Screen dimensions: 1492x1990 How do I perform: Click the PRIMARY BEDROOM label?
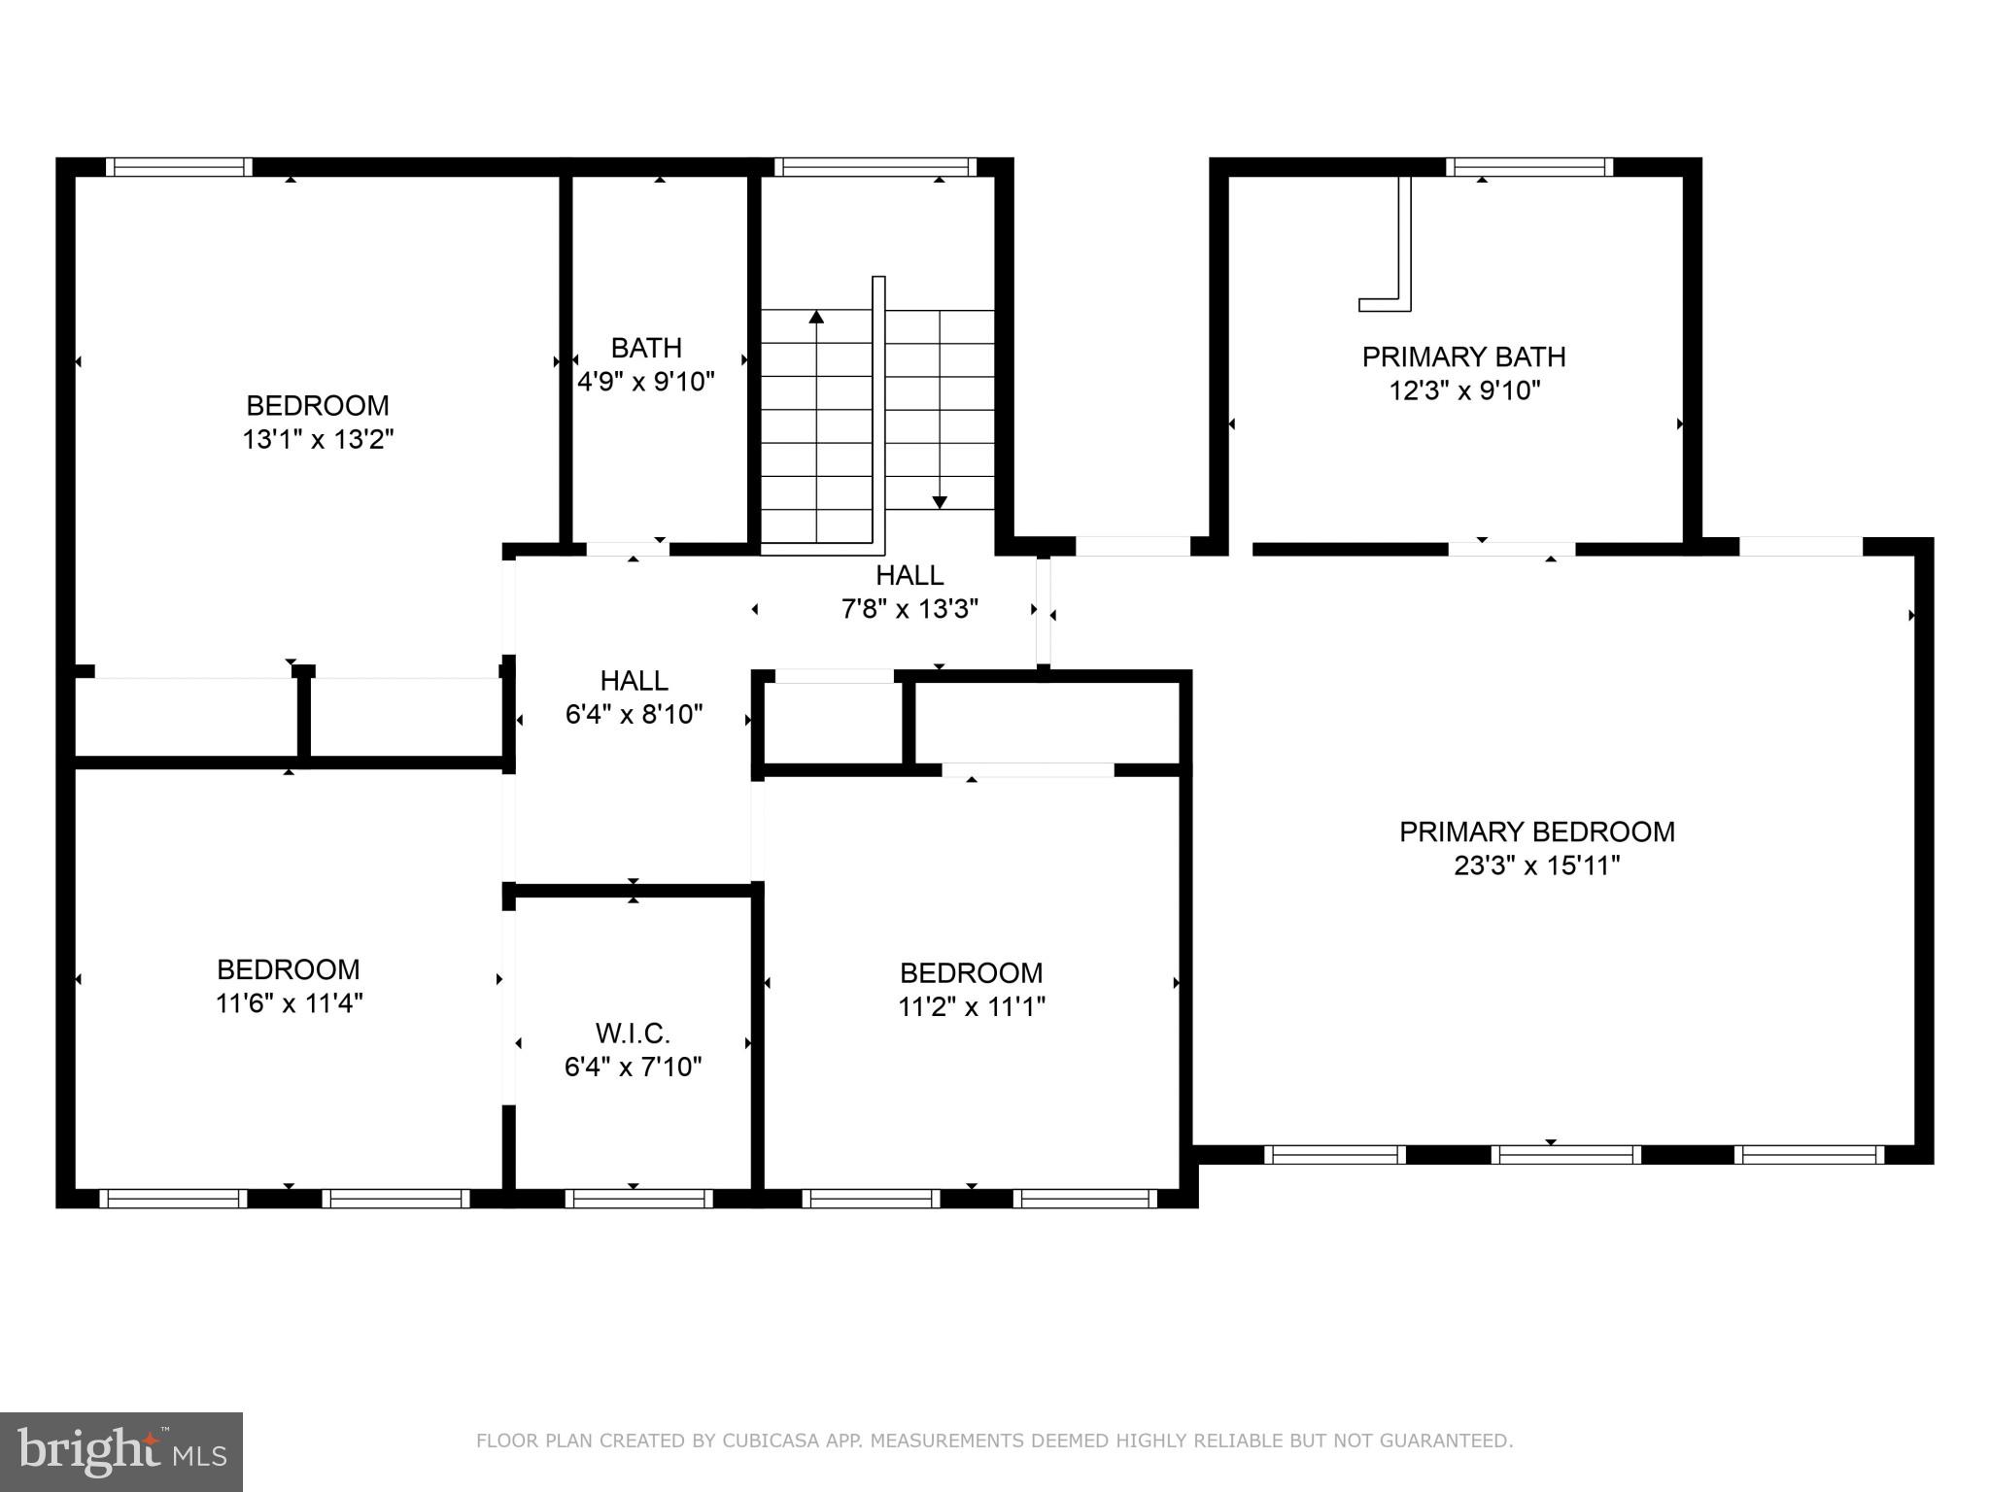1536,831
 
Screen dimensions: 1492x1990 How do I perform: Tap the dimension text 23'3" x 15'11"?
1536,865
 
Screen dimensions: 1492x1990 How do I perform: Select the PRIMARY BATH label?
1463,357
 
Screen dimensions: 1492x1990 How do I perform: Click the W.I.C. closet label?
633,1033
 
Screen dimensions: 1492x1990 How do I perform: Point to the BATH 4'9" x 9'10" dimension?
646,382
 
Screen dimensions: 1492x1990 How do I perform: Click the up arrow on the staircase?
816,318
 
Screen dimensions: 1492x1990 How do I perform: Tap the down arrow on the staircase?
940,501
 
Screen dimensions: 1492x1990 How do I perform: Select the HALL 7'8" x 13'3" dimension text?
909,610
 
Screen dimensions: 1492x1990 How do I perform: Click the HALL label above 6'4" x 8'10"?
634,680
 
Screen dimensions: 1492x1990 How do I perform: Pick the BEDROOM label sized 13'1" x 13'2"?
318,405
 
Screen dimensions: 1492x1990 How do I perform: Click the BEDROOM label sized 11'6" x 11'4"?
289,969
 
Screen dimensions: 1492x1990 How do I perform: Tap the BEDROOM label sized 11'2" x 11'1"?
971,972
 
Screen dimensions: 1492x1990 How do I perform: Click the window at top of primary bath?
1529,167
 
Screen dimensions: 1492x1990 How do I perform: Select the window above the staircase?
875,167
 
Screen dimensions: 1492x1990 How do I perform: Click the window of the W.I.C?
639,1199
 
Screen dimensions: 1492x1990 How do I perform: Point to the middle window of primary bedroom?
1566,1155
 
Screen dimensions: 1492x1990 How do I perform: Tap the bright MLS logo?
120,1451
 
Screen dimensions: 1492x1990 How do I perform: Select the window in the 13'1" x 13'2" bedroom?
179,167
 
